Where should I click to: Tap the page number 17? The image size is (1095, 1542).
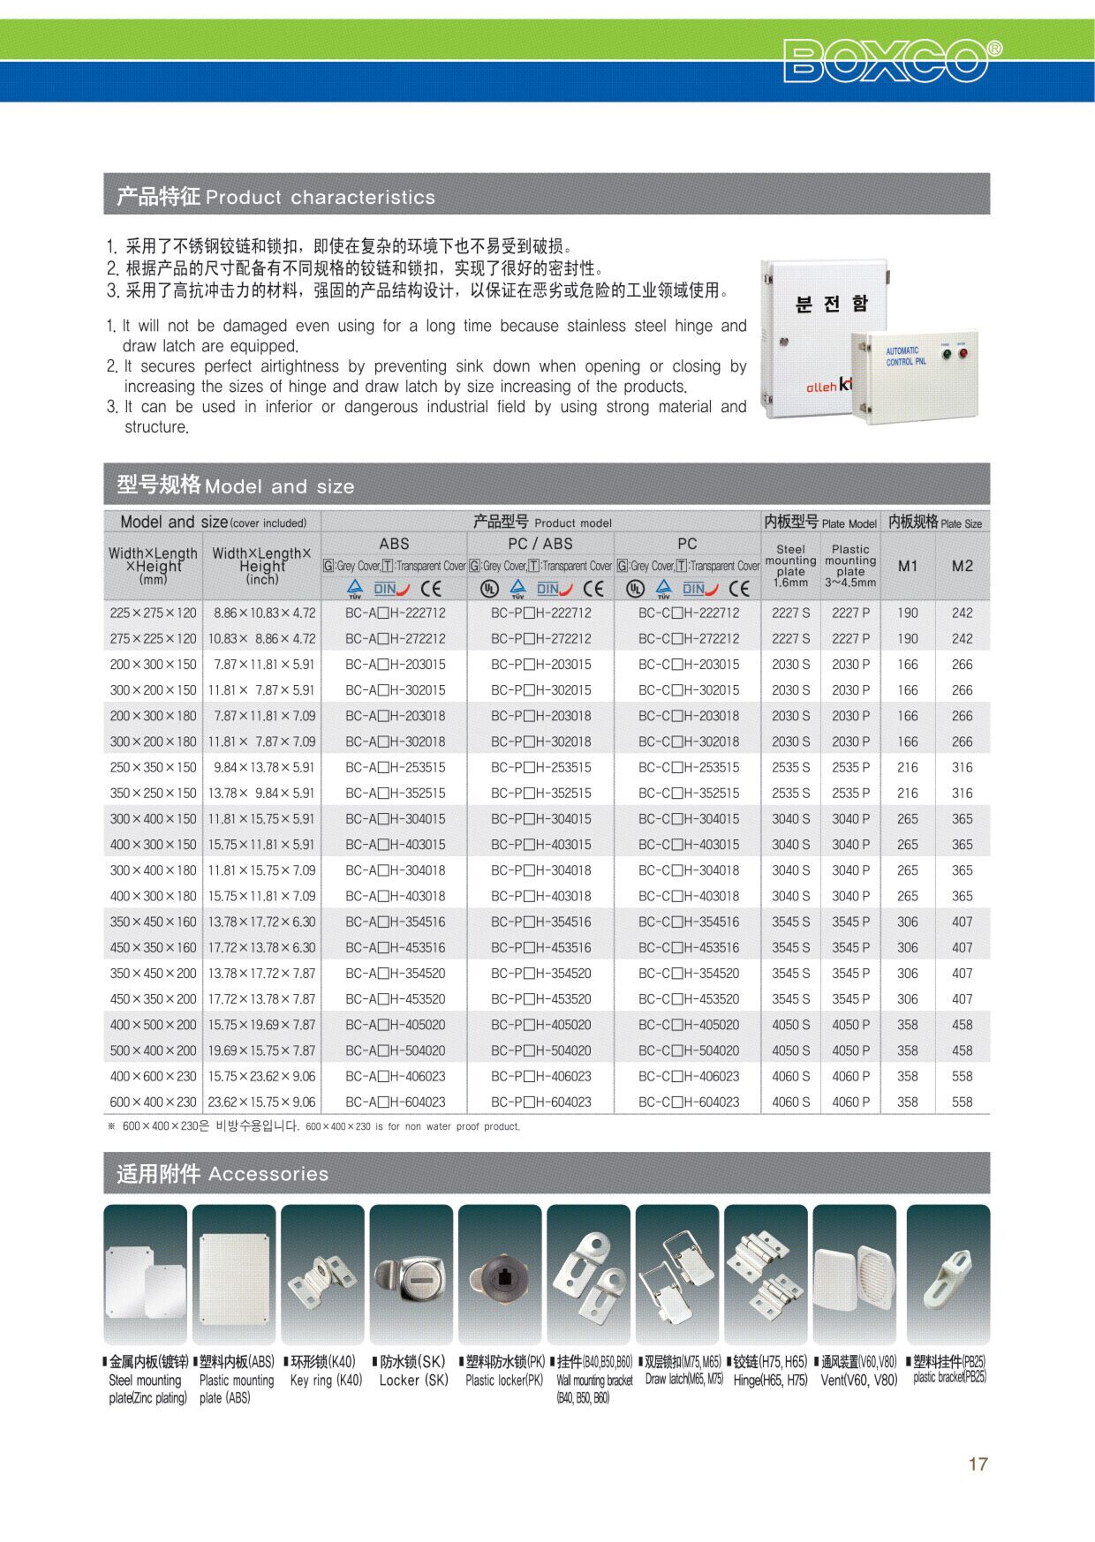click(978, 1463)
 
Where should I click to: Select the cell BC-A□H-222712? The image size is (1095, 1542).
click(395, 613)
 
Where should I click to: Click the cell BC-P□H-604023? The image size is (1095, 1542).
click(540, 1102)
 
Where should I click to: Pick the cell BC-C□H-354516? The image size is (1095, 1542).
click(689, 921)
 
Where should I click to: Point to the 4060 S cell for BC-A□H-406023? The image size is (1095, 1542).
click(790, 1076)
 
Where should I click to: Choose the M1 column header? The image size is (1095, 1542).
click(908, 566)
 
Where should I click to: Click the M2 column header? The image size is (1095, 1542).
click(962, 566)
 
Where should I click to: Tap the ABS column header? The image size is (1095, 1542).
click(394, 544)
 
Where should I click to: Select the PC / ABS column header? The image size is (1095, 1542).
click(540, 544)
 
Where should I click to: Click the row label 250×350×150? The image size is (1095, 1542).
click(153, 767)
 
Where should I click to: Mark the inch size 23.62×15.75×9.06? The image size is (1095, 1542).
click(261, 1102)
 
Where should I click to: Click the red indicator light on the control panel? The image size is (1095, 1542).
click(962, 355)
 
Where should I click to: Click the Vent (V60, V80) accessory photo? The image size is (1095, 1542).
click(854, 1274)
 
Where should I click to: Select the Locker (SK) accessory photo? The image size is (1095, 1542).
click(411, 1274)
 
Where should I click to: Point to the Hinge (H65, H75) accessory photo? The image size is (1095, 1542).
click(766, 1274)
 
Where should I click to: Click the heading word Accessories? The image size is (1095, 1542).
click(268, 1174)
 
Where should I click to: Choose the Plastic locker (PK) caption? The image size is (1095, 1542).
click(504, 1380)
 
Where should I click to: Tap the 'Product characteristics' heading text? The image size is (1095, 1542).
click(320, 197)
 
